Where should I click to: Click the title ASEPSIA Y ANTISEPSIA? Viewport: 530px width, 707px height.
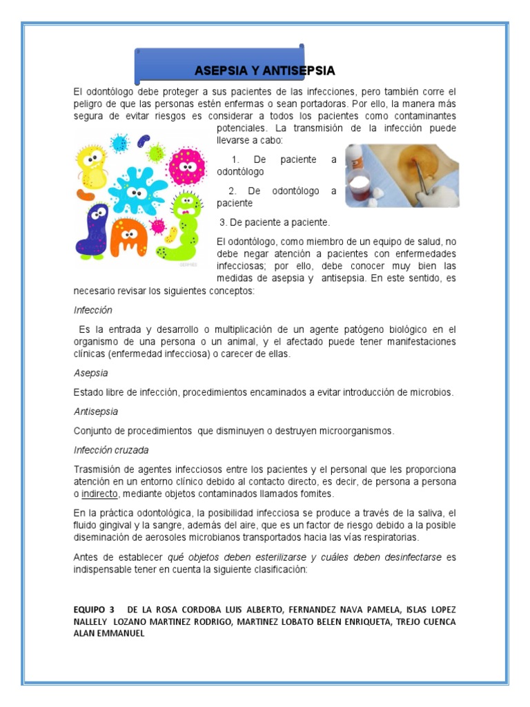(x=264, y=70)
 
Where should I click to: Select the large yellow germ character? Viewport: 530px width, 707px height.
(x=92, y=166)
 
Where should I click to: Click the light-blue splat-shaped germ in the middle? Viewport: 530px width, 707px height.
(x=138, y=191)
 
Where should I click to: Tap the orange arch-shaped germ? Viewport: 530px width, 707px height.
(x=129, y=238)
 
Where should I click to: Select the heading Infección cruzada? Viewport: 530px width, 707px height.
(x=110, y=450)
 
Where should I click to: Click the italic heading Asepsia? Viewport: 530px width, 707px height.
(x=90, y=373)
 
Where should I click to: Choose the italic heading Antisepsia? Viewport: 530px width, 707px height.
(x=95, y=411)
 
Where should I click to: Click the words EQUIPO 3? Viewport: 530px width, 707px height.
(x=95, y=610)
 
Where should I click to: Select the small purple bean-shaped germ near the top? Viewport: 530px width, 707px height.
(x=144, y=140)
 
